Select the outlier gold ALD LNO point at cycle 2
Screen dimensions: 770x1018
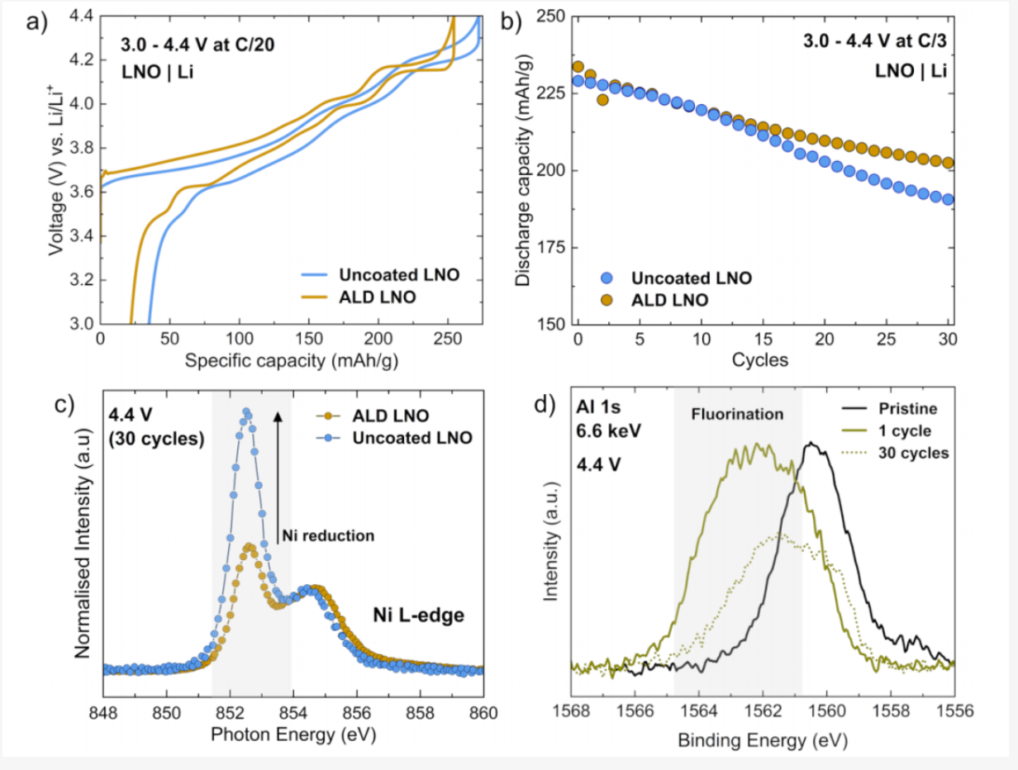coord(602,99)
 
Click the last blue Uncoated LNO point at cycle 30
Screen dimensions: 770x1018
coord(948,199)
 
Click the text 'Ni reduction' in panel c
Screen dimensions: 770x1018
coord(328,535)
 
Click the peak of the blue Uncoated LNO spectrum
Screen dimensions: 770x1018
coord(245,411)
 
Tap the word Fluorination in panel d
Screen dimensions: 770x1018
coord(738,414)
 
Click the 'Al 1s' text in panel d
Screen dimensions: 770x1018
coord(597,407)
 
